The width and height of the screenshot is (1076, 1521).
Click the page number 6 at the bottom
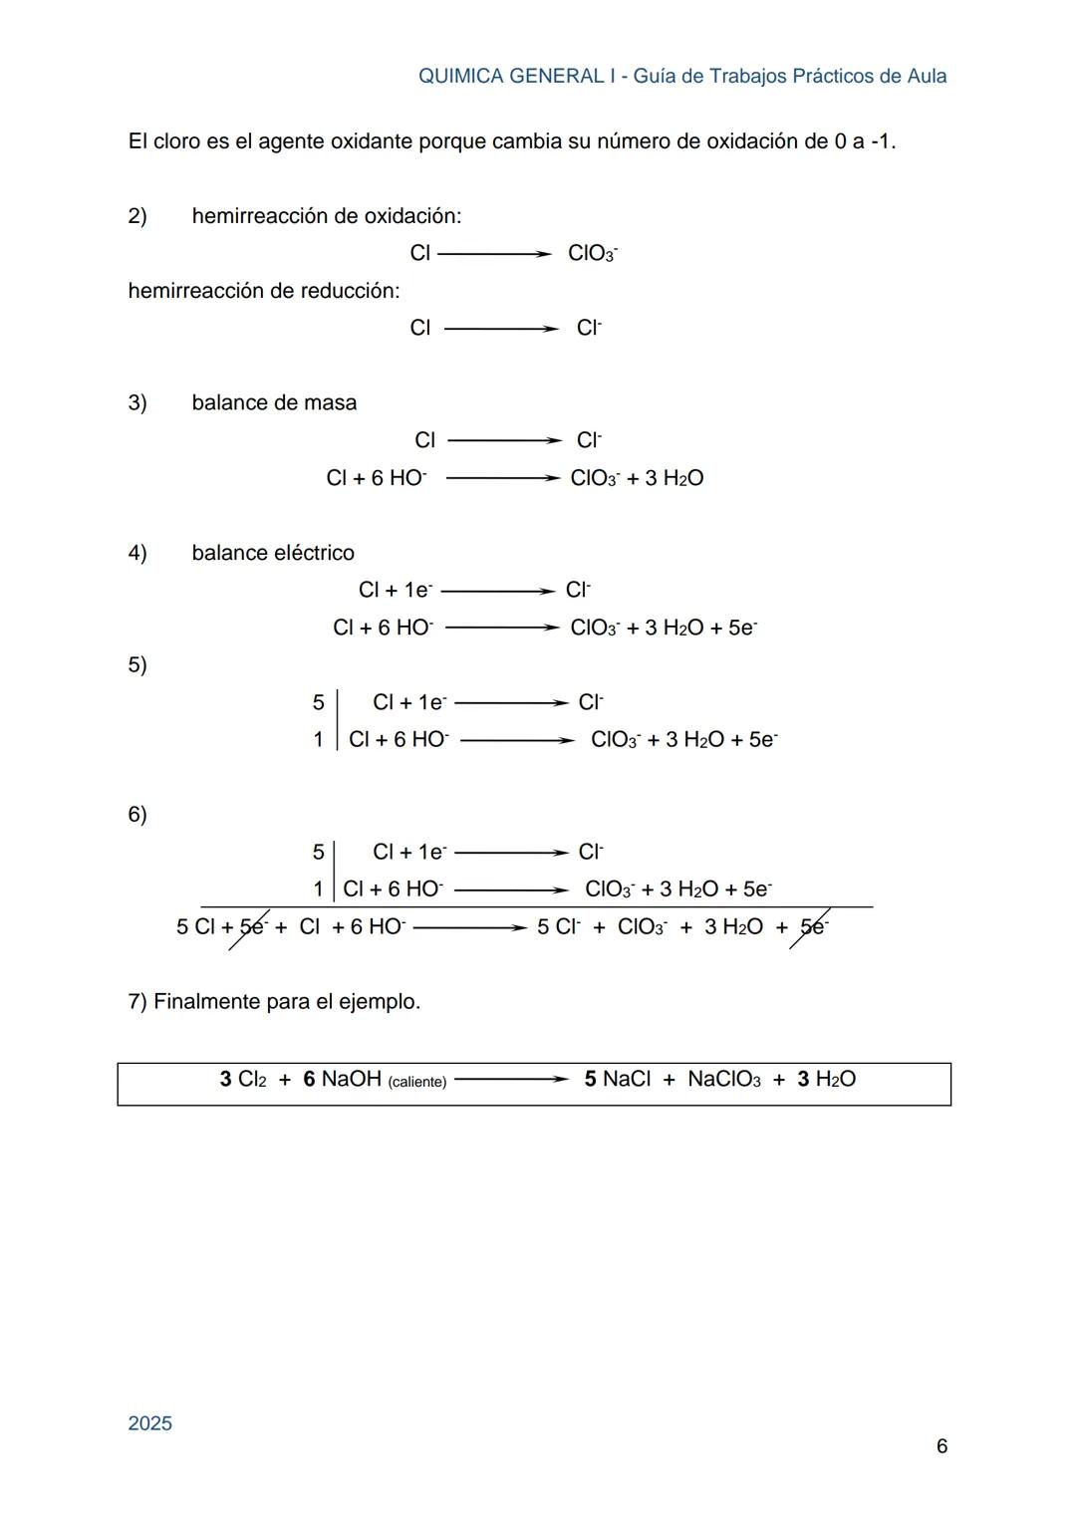(x=941, y=1446)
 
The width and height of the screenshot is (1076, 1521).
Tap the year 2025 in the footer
(x=150, y=1423)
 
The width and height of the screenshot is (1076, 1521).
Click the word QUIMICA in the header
(x=460, y=77)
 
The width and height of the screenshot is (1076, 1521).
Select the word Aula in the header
(x=927, y=77)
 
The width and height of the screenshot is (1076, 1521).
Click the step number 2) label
(x=137, y=216)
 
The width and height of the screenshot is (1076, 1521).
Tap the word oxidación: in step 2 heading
(x=411, y=216)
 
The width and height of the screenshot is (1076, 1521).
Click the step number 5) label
(x=137, y=664)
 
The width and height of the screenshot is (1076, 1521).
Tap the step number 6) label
(x=137, y=814)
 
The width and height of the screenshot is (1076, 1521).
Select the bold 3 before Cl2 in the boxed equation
(x=226, y=1079)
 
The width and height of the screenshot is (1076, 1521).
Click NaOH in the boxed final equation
(x=352, y=1079)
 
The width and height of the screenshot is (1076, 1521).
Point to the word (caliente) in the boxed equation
(x=416, y=1082)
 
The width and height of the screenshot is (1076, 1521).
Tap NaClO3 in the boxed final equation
(x=724, y=1079)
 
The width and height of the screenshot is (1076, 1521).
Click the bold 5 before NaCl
(x=591, y=1079)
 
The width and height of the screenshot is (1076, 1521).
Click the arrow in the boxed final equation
(x=510, y=1079)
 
